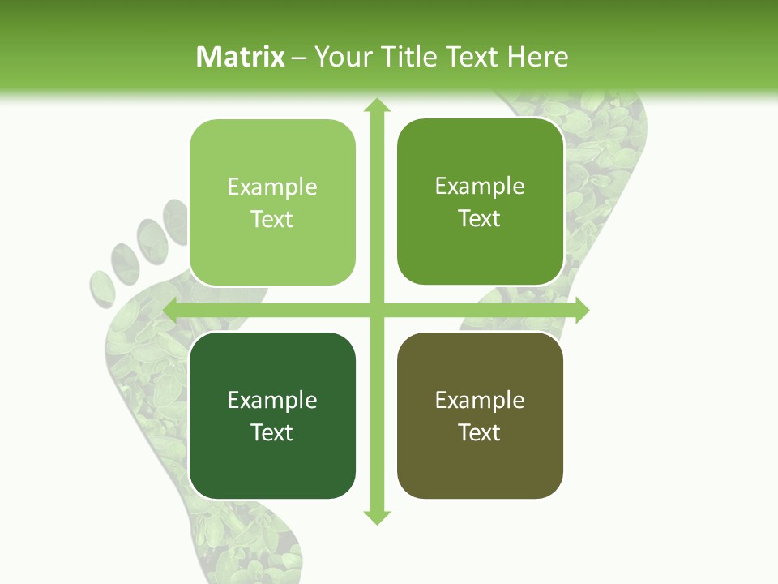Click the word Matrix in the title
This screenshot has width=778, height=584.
tap(241, 57)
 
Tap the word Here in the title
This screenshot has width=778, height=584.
tap(537, 57)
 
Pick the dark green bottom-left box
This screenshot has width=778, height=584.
tap(272, 462)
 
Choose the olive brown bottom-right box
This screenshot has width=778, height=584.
tap(480, 462)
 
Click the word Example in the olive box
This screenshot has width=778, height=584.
tap(480, 400)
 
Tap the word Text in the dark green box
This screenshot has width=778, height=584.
tap(272, 432)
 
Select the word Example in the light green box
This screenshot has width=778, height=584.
tap(272, 187)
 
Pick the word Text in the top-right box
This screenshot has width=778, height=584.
tap(480, 218)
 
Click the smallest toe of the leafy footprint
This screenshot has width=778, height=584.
tap(101, 288)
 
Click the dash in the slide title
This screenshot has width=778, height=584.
tap(299, 58)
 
